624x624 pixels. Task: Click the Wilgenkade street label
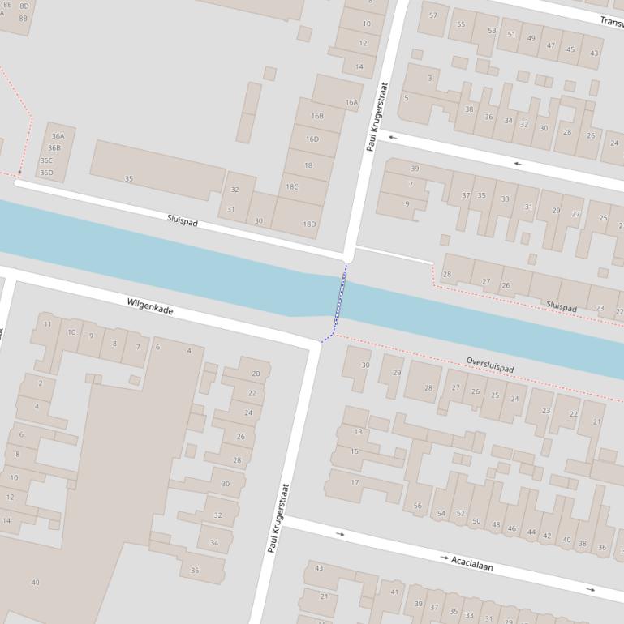click(x=150, y=306)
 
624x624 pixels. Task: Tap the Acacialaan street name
click(x=472, y=562)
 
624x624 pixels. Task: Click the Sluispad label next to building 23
click(x=562, y=307)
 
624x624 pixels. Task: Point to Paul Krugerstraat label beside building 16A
click(x=377, y=117)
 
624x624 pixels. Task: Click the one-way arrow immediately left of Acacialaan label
click(x=444, y=558)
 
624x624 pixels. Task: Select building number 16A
click(x=351, y=103)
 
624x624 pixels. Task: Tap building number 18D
click(x=309, y=224)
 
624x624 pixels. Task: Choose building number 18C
click(x=291, y=186)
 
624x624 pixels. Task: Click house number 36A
click(x=58, y=136)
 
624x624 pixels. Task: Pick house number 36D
click(x=46, y=172)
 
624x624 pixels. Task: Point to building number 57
click(x=432, y=15)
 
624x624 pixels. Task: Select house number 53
click(x=492, y=31)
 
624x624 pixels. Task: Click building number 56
click(x=417, y=506)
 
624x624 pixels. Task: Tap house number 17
click(x=355, y=482)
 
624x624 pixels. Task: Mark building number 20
click(x=256, y=374)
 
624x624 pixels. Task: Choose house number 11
click(x=48, y=324)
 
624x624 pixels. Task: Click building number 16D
click(x=312, y=139)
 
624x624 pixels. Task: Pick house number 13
click(x=358, y=431)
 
